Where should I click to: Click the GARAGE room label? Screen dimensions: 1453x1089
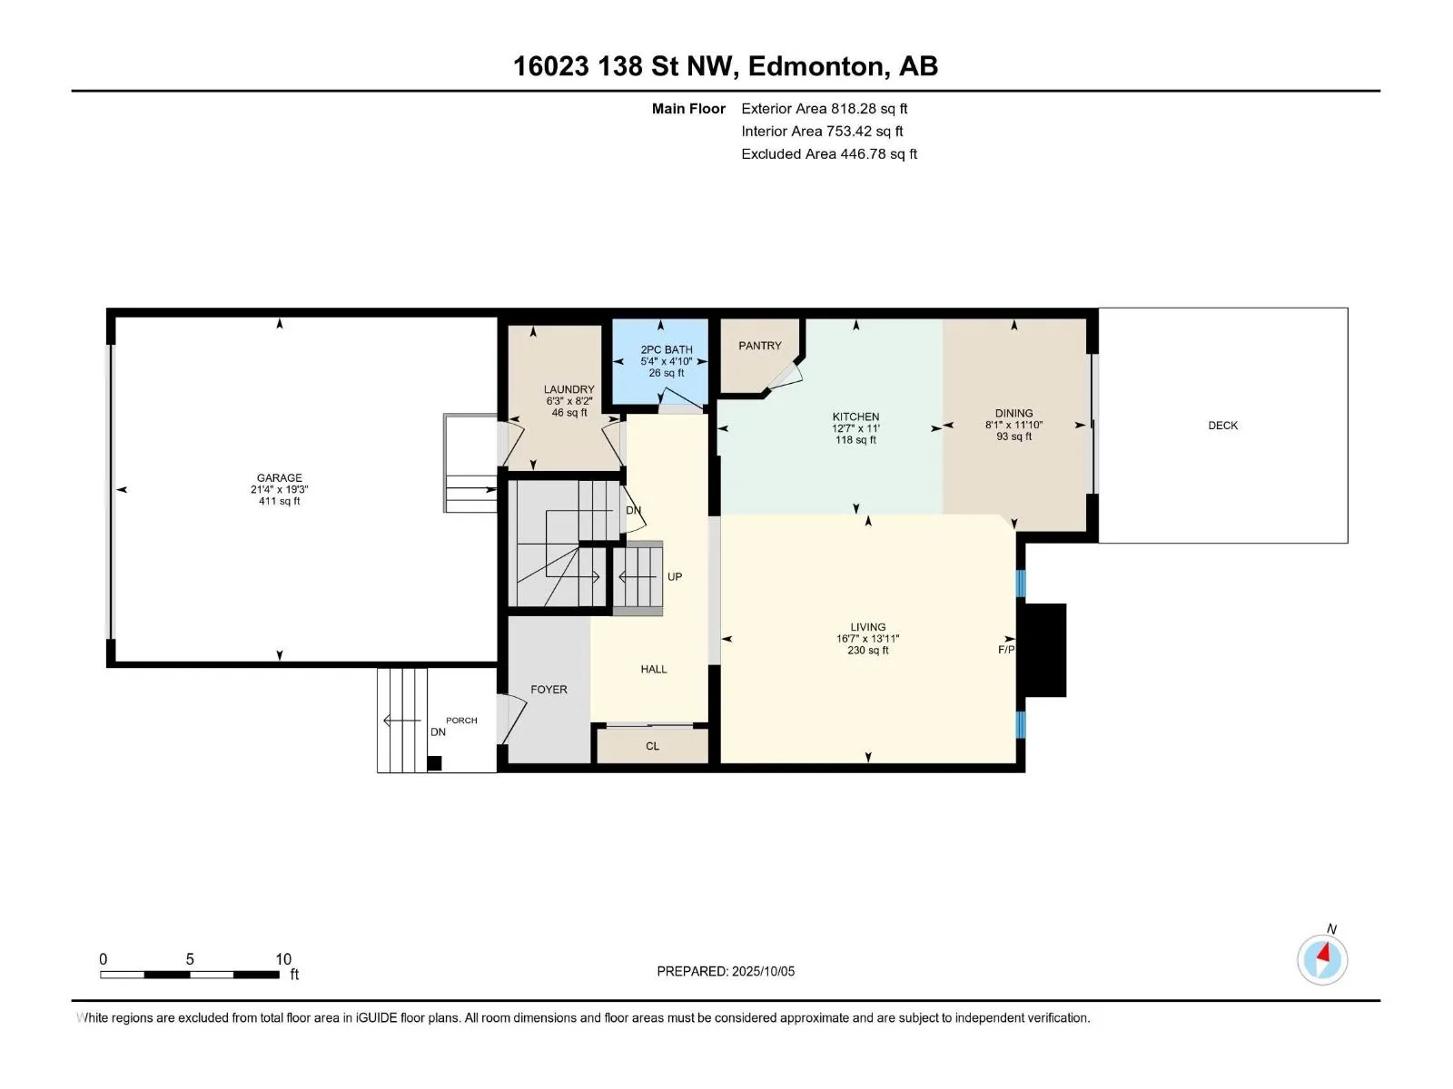coord(280,478)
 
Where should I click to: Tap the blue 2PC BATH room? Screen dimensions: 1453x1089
coord(660,362)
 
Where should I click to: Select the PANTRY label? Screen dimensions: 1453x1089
coord(760,346)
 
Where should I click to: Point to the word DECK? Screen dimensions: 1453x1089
coord(1222,426)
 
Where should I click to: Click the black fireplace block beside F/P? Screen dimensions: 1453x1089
coord(1045,650)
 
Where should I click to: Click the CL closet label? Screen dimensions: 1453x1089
coord(653,747)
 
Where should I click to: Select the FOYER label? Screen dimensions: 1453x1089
coord(549,690)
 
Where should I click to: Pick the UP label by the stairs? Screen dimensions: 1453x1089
coord(675,576)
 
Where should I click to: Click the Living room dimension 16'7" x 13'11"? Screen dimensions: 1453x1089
coord(868,639)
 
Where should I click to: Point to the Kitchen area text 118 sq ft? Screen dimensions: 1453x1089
coord(856,440)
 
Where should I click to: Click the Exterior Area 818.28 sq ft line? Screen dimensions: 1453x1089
coord(825,108)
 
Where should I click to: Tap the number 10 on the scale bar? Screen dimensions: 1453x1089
coord(283,959)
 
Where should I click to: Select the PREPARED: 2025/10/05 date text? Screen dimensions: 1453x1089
coord(726,971)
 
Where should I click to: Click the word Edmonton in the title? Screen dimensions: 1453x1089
coord(819,67)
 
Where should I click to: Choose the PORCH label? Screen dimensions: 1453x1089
coord(461,720)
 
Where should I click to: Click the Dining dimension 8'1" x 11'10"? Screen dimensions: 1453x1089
coord(1013,425)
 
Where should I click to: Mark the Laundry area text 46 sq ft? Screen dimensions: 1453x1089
coord(569,413)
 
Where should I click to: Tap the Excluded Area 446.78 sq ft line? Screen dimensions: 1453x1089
coord(829,154)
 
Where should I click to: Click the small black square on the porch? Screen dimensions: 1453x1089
coord(434,763)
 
